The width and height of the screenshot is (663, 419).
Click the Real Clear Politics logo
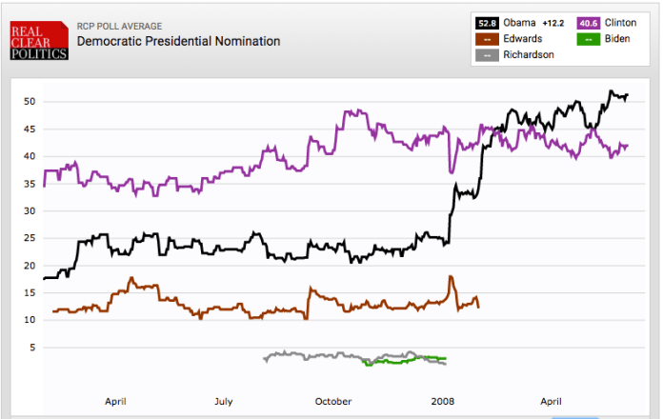[39, 42]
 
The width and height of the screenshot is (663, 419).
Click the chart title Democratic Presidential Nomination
[178, 42]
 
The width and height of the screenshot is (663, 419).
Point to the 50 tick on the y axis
[30, 102]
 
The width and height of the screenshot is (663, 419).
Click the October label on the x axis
[333, 401]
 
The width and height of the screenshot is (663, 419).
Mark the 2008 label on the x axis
[443, 401]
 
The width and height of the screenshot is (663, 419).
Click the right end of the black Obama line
[628, 93]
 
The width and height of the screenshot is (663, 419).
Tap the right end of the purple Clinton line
[628, 145]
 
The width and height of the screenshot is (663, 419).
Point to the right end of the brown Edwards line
[478, 306]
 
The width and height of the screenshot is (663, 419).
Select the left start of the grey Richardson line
[265, 358]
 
